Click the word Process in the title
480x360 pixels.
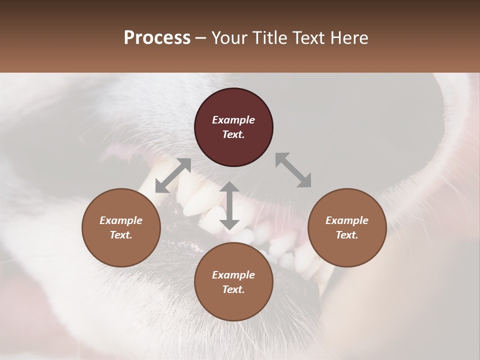[157, 38]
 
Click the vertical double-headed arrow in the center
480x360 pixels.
[229, 205]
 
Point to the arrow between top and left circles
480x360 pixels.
[173, 175]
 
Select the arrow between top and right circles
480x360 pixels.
[293, 170]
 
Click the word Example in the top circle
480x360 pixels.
[233, 120]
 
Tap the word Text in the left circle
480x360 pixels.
[121, 235]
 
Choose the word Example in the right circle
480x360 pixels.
[347, 220]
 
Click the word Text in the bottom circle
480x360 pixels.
[233, 289]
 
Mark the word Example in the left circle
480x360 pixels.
[121, 220]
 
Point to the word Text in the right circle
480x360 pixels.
[347, 235]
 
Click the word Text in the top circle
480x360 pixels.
[233, 134]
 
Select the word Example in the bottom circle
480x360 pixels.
[233, 275]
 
